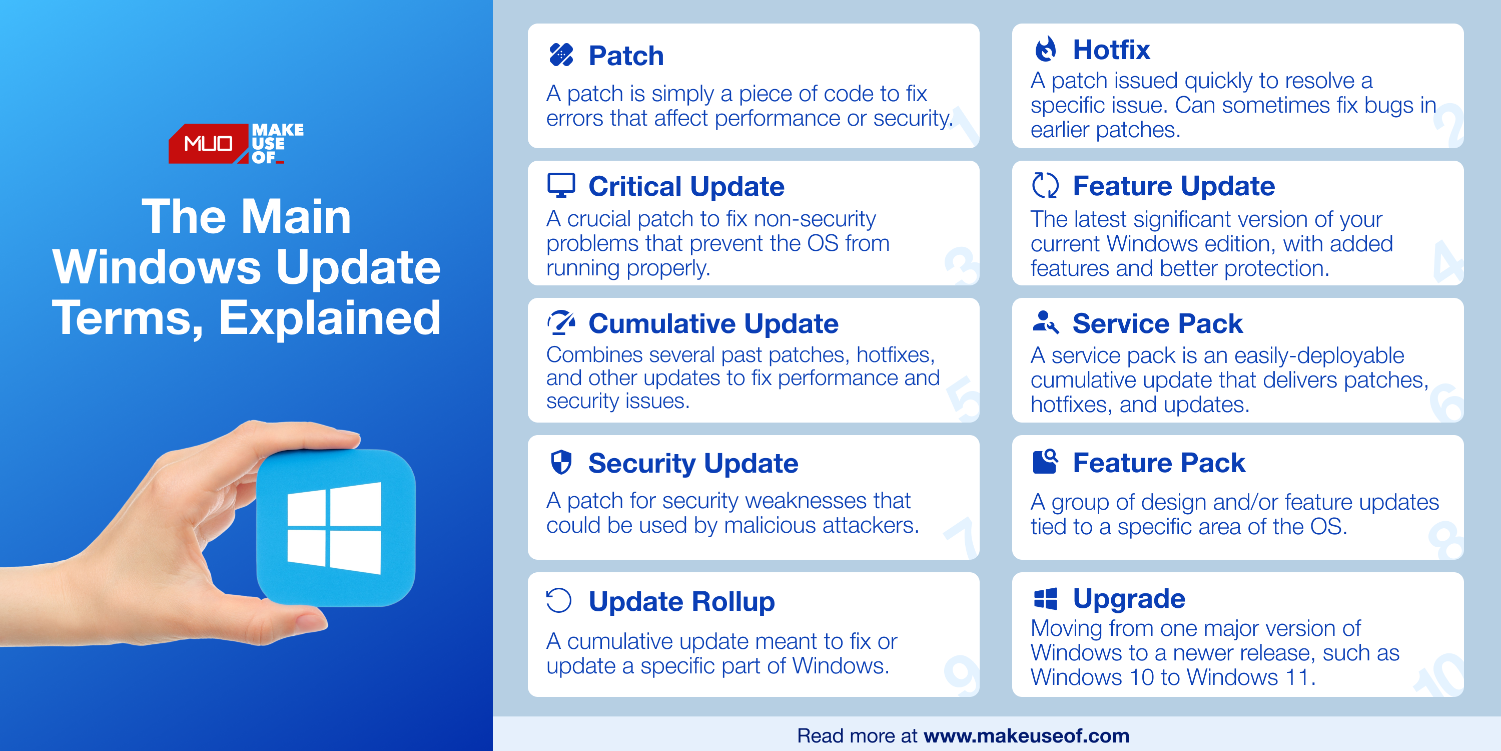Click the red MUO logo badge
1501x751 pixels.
tap(208, 143)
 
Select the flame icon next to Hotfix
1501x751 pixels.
tap(1045, 50)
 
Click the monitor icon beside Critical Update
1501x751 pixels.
tap(561, 185)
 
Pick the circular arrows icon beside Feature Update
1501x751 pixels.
tap(1045, 185)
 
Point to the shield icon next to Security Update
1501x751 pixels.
tap(561, 463)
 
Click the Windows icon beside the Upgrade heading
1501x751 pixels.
tap(1045, 599)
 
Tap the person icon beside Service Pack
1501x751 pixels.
tap(1045, 322)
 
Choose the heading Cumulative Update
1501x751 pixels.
tap(713, 323)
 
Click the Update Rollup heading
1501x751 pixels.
tap(682, 601)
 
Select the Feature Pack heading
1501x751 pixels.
tap(1159, 463)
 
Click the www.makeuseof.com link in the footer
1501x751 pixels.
tap(1027, 736)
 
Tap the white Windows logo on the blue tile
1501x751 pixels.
tap(334, 528)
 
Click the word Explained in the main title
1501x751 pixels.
tap(330, 318)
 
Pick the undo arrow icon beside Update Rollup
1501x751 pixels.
tap(559, 601)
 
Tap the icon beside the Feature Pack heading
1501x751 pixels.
tap(1045, 462)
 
